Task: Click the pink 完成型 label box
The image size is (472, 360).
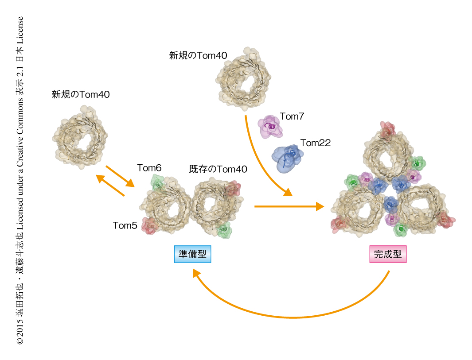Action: [x=388, y=254]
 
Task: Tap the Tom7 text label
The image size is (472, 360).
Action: [x=292, y=116]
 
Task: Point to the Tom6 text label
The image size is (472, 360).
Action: [x=149, y=168]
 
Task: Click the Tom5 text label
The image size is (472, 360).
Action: [x=125, y=225]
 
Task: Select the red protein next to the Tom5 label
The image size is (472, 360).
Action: [x=150, y=225]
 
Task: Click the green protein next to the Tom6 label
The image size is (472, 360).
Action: [x=158, y=182]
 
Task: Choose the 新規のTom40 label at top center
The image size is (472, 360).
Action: [x=198, y=55]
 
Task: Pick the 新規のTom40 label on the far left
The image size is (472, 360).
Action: [x=81, y=94]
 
